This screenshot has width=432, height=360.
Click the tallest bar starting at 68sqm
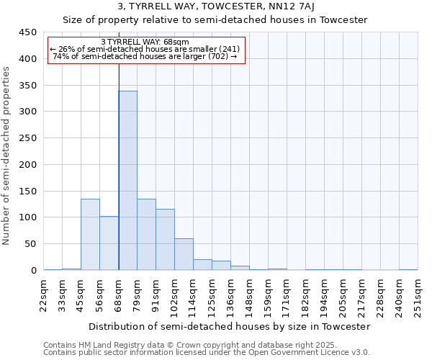click(x=127, y=181)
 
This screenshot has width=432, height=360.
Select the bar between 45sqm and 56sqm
click(x=90, y=235)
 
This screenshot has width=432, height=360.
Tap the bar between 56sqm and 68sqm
click(x=109, y=243)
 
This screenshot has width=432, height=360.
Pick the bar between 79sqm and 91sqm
click(x=146, y=235)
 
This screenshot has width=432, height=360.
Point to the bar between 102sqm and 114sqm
click(x=184, y=254)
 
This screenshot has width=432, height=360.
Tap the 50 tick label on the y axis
click(x=30, y=244)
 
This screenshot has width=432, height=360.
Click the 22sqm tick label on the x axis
click(x=44, y=294)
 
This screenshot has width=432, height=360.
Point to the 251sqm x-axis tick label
click(x=418, y=294)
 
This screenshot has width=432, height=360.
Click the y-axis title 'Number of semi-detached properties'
click(x=7, y=156)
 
